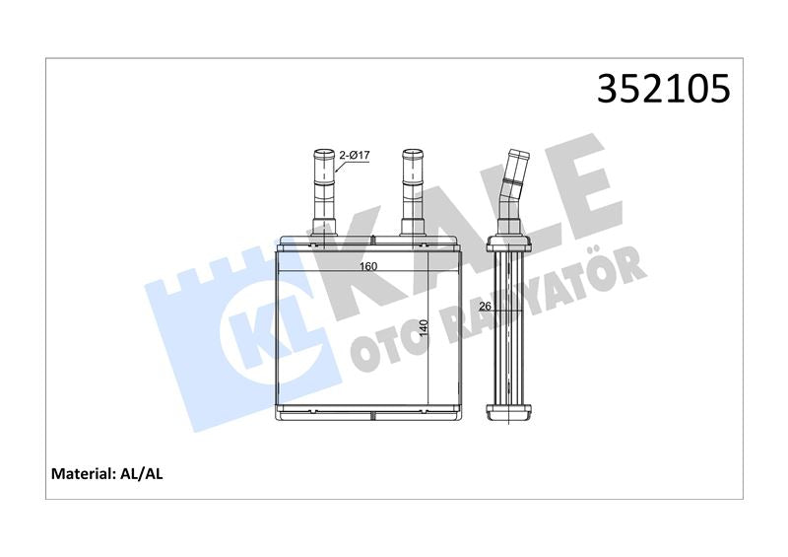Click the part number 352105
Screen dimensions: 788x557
663,88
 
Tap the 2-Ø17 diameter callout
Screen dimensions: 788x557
355,156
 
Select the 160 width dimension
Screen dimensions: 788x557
367,266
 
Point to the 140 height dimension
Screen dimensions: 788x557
424,328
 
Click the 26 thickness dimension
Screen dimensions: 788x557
485,306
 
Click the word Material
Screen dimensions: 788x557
81,473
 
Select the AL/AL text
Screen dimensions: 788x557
141,473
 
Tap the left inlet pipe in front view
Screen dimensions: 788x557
324,192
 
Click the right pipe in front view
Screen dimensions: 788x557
413,192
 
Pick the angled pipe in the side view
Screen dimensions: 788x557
511,191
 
